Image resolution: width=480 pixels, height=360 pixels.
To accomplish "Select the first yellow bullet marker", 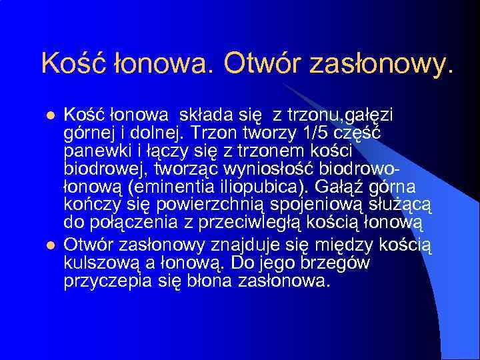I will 47,117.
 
